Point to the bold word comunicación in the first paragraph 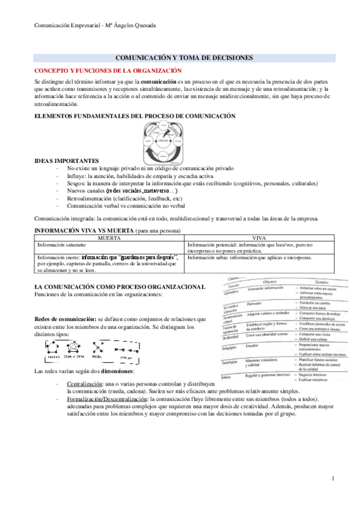pyautogui.click(x=159, y=81)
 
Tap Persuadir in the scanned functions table pyautogui.click(x=255, y=303)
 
